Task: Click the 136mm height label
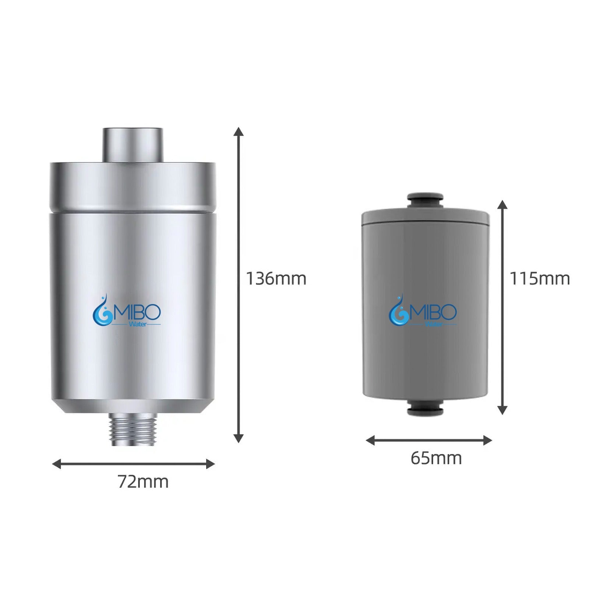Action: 276,279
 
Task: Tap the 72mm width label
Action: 143,482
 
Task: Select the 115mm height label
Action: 540,279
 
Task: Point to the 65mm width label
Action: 436,458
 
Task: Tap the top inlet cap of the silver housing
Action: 133,145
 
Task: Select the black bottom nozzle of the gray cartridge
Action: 426,407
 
